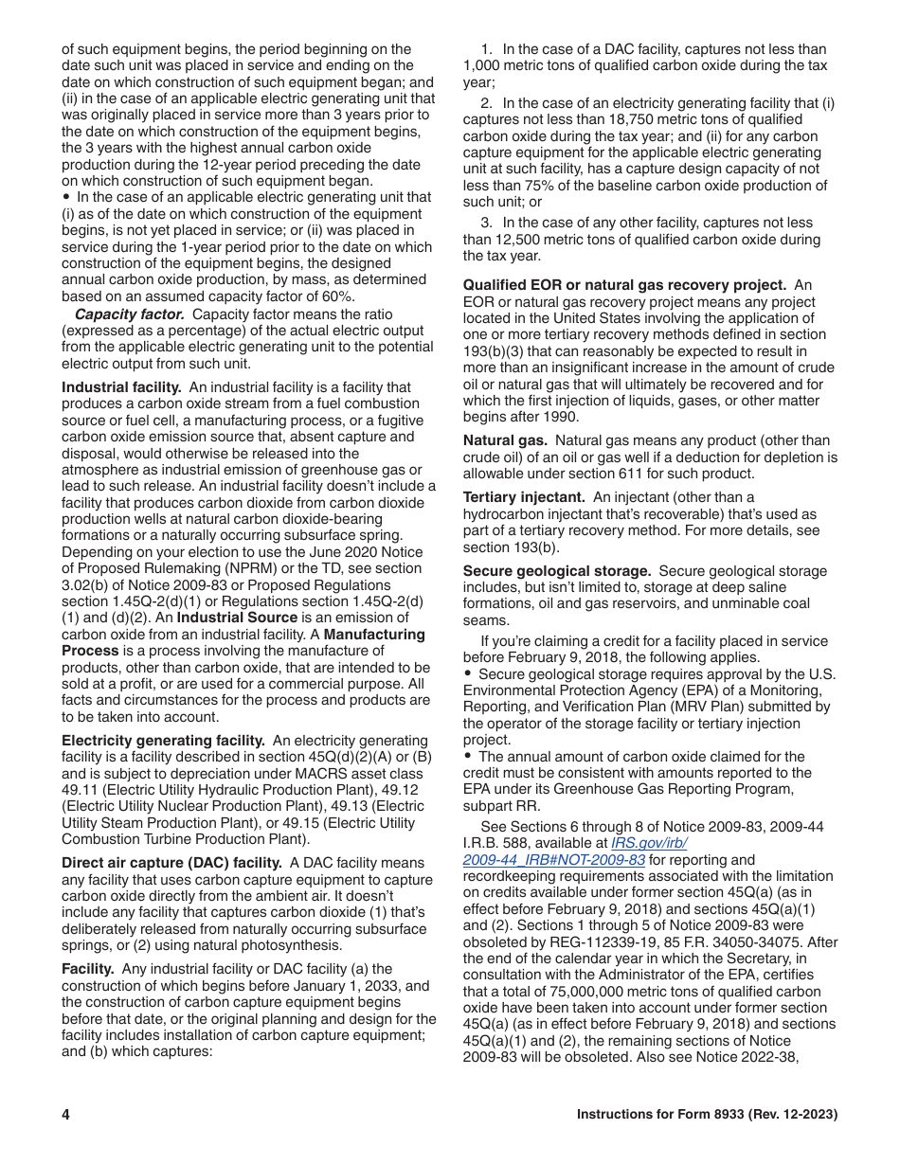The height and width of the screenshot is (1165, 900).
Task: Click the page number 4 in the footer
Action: [66, 1115]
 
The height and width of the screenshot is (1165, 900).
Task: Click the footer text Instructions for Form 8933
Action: [707, 1115]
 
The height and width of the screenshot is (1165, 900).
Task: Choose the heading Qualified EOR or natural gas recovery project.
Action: [624, 285]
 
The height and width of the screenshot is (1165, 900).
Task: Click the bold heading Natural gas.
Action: [505, 440]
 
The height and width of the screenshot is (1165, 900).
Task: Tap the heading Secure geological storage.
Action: [556, 570]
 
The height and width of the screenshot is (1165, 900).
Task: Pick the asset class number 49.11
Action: [78, 789]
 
